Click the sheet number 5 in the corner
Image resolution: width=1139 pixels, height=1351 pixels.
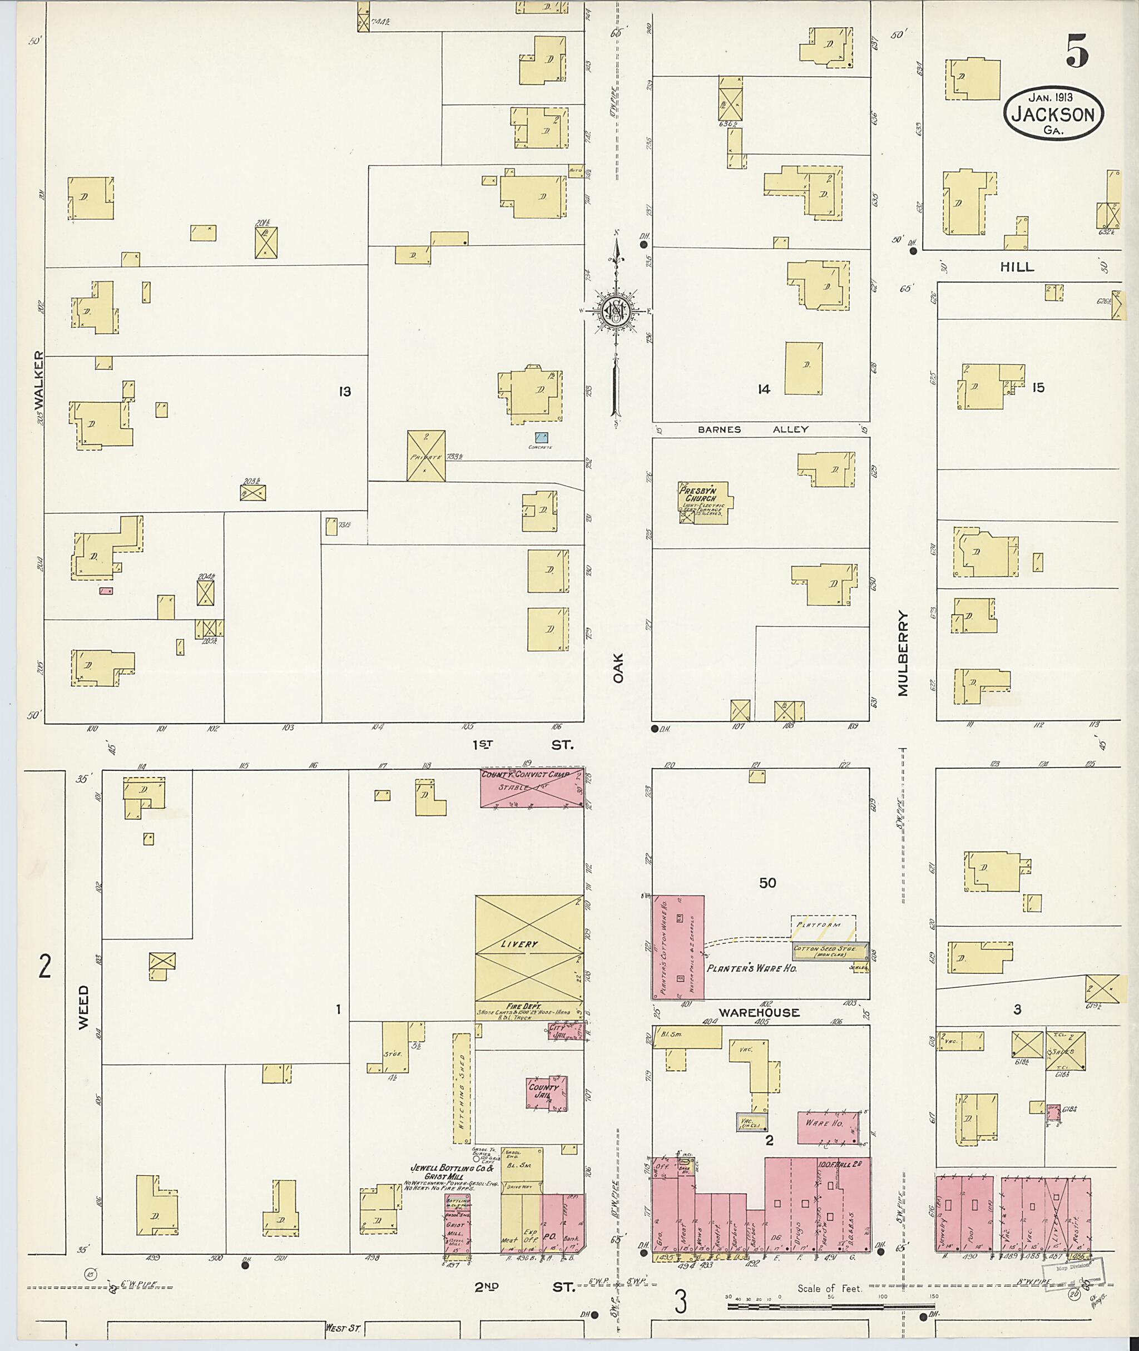pos(1077,51)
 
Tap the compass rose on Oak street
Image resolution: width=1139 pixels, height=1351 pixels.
pos(615,311)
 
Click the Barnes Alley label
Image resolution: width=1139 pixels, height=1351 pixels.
pos(753,429)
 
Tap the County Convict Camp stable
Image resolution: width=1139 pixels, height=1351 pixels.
pos(532,787)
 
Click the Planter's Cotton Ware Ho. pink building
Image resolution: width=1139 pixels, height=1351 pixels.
pos(677,947)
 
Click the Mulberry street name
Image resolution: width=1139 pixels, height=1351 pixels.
pos(902,654)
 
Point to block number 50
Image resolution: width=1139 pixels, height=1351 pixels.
pos(767,883)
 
